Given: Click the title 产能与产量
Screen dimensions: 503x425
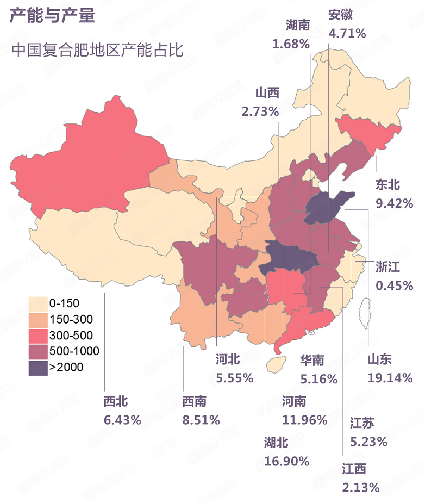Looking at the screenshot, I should tap(52, 16).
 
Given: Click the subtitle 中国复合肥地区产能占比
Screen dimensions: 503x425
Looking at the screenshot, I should tap(98, 50).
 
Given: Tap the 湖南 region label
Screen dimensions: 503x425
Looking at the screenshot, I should tap(297, 25).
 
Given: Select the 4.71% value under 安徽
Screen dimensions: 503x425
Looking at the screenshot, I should tap(347, 33).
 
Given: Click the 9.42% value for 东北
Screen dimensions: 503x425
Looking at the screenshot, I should tap(395, 204).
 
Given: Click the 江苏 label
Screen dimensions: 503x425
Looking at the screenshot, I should tap(362, 423).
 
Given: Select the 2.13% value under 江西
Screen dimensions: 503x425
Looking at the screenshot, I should tap(361, 488).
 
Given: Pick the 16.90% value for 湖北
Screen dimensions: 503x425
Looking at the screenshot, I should tap(287, 462).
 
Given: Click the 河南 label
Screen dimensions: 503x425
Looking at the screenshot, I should tap(295, 401).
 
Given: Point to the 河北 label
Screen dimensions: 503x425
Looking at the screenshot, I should tap(228, 359).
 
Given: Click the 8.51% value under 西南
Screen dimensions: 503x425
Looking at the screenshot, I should tap(201, 420).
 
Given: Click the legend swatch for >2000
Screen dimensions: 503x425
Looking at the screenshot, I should tap(37, 368).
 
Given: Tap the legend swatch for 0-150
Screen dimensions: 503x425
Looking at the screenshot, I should tap(37, 302).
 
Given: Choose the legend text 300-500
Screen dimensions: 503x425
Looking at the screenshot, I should tap(71, 335).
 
